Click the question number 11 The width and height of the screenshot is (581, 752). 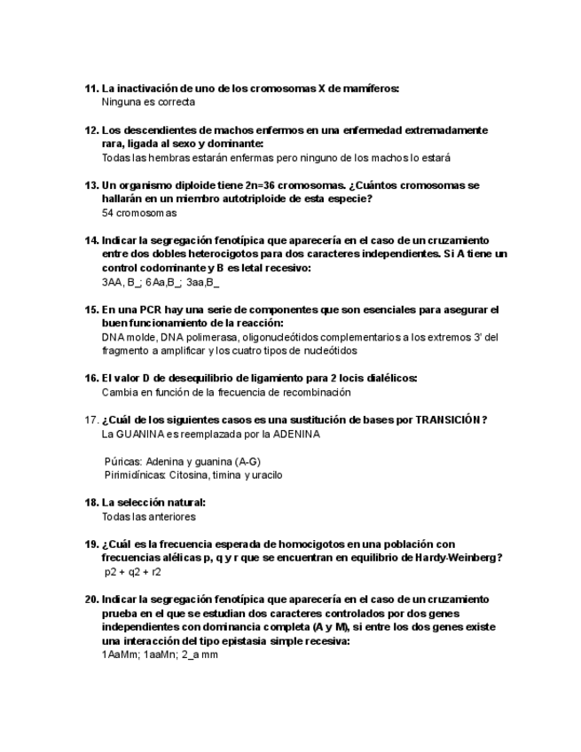(x=90, y=89)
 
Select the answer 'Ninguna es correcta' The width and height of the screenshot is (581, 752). (x=148, y=103)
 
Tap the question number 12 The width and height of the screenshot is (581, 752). (x=90, y=130)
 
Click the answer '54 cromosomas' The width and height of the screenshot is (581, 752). (x=139, y=213)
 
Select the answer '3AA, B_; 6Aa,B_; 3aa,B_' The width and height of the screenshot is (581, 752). (x=161, y=282)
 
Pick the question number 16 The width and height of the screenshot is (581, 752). (x=90, y=379)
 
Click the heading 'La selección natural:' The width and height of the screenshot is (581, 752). (x=153, y=503)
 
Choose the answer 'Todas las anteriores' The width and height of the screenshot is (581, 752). (x=148, y=517)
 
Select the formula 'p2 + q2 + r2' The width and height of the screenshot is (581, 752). (x=134, y=573)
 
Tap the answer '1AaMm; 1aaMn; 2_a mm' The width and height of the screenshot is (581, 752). (x=160, y=654)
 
